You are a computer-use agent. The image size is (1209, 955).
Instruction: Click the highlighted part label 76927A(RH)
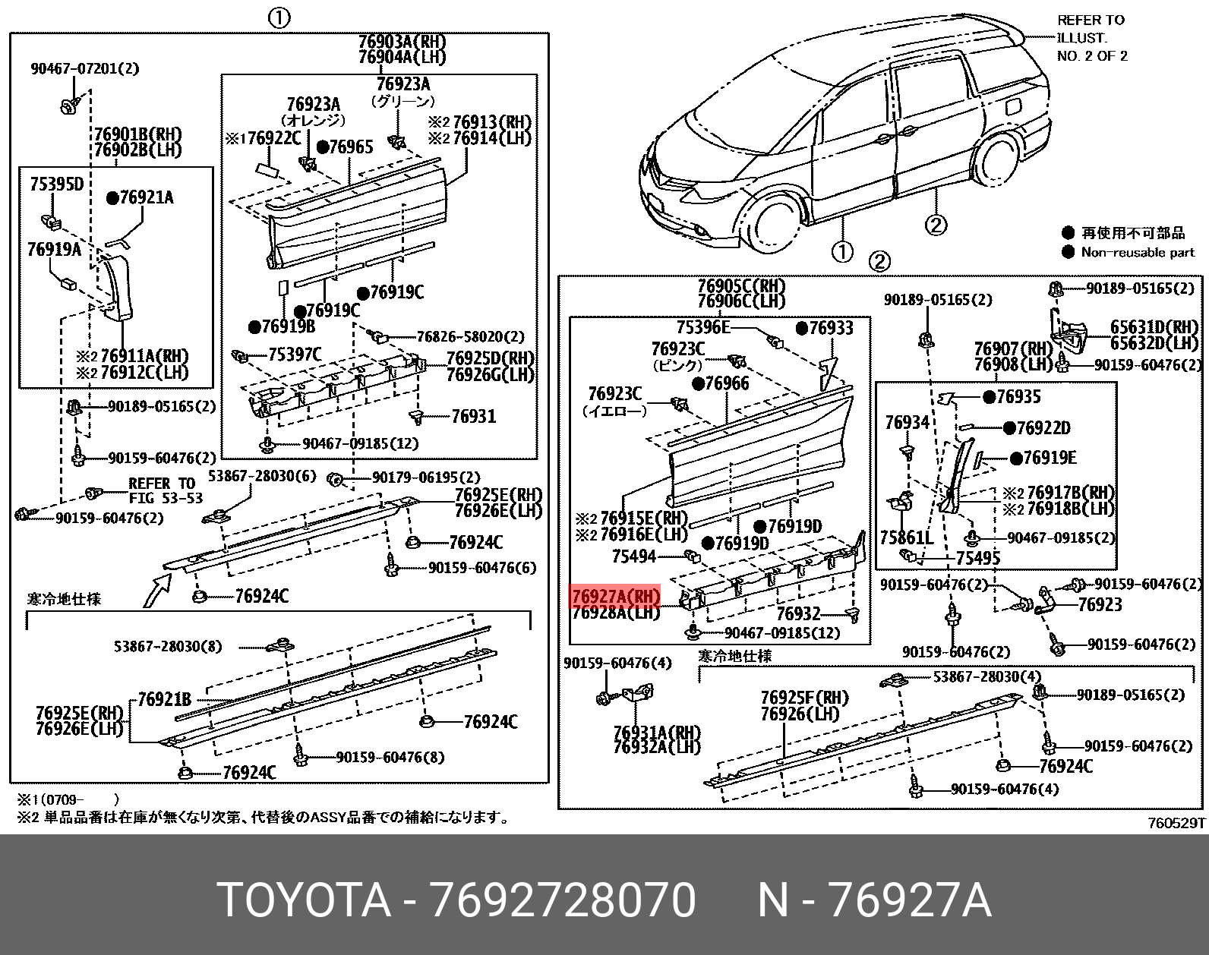[x=615, y=596]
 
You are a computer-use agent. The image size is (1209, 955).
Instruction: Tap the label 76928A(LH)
[x=615, y=613]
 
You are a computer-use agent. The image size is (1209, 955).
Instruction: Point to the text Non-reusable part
[x=1138, y=253]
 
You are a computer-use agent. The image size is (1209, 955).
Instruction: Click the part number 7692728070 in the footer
[x=563, y=901]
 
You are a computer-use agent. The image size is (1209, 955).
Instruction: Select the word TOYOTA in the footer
[x=305, y=901]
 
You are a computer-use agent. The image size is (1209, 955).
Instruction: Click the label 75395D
[x=56, y=184]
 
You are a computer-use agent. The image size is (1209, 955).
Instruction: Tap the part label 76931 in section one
[x=473, y=416]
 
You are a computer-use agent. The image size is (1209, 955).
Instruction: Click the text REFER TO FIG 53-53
[x=161, y=490]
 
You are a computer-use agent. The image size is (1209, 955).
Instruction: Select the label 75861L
[x=906, y=538]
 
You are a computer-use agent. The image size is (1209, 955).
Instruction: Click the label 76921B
[x=164, y=700]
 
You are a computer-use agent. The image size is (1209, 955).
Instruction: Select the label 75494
[x=633, y=556]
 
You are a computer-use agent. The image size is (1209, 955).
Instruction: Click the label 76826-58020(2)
[x=469, y=336]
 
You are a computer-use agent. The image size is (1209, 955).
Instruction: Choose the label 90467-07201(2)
[x=85, y=69]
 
